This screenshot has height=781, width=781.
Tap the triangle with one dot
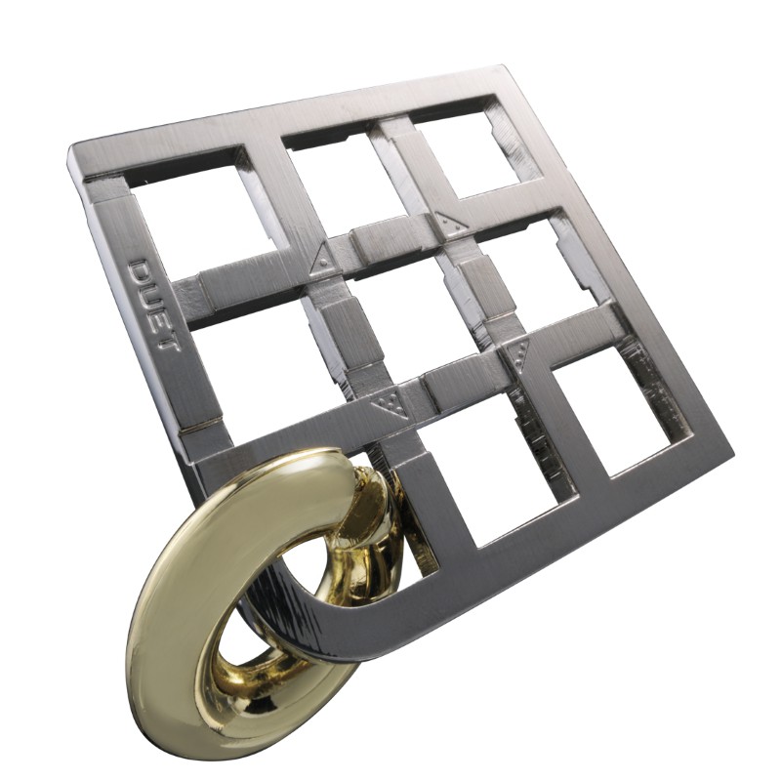coord(323,258)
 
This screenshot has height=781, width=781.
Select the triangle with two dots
coord(452,222)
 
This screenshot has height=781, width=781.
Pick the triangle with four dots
coord(390,403)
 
